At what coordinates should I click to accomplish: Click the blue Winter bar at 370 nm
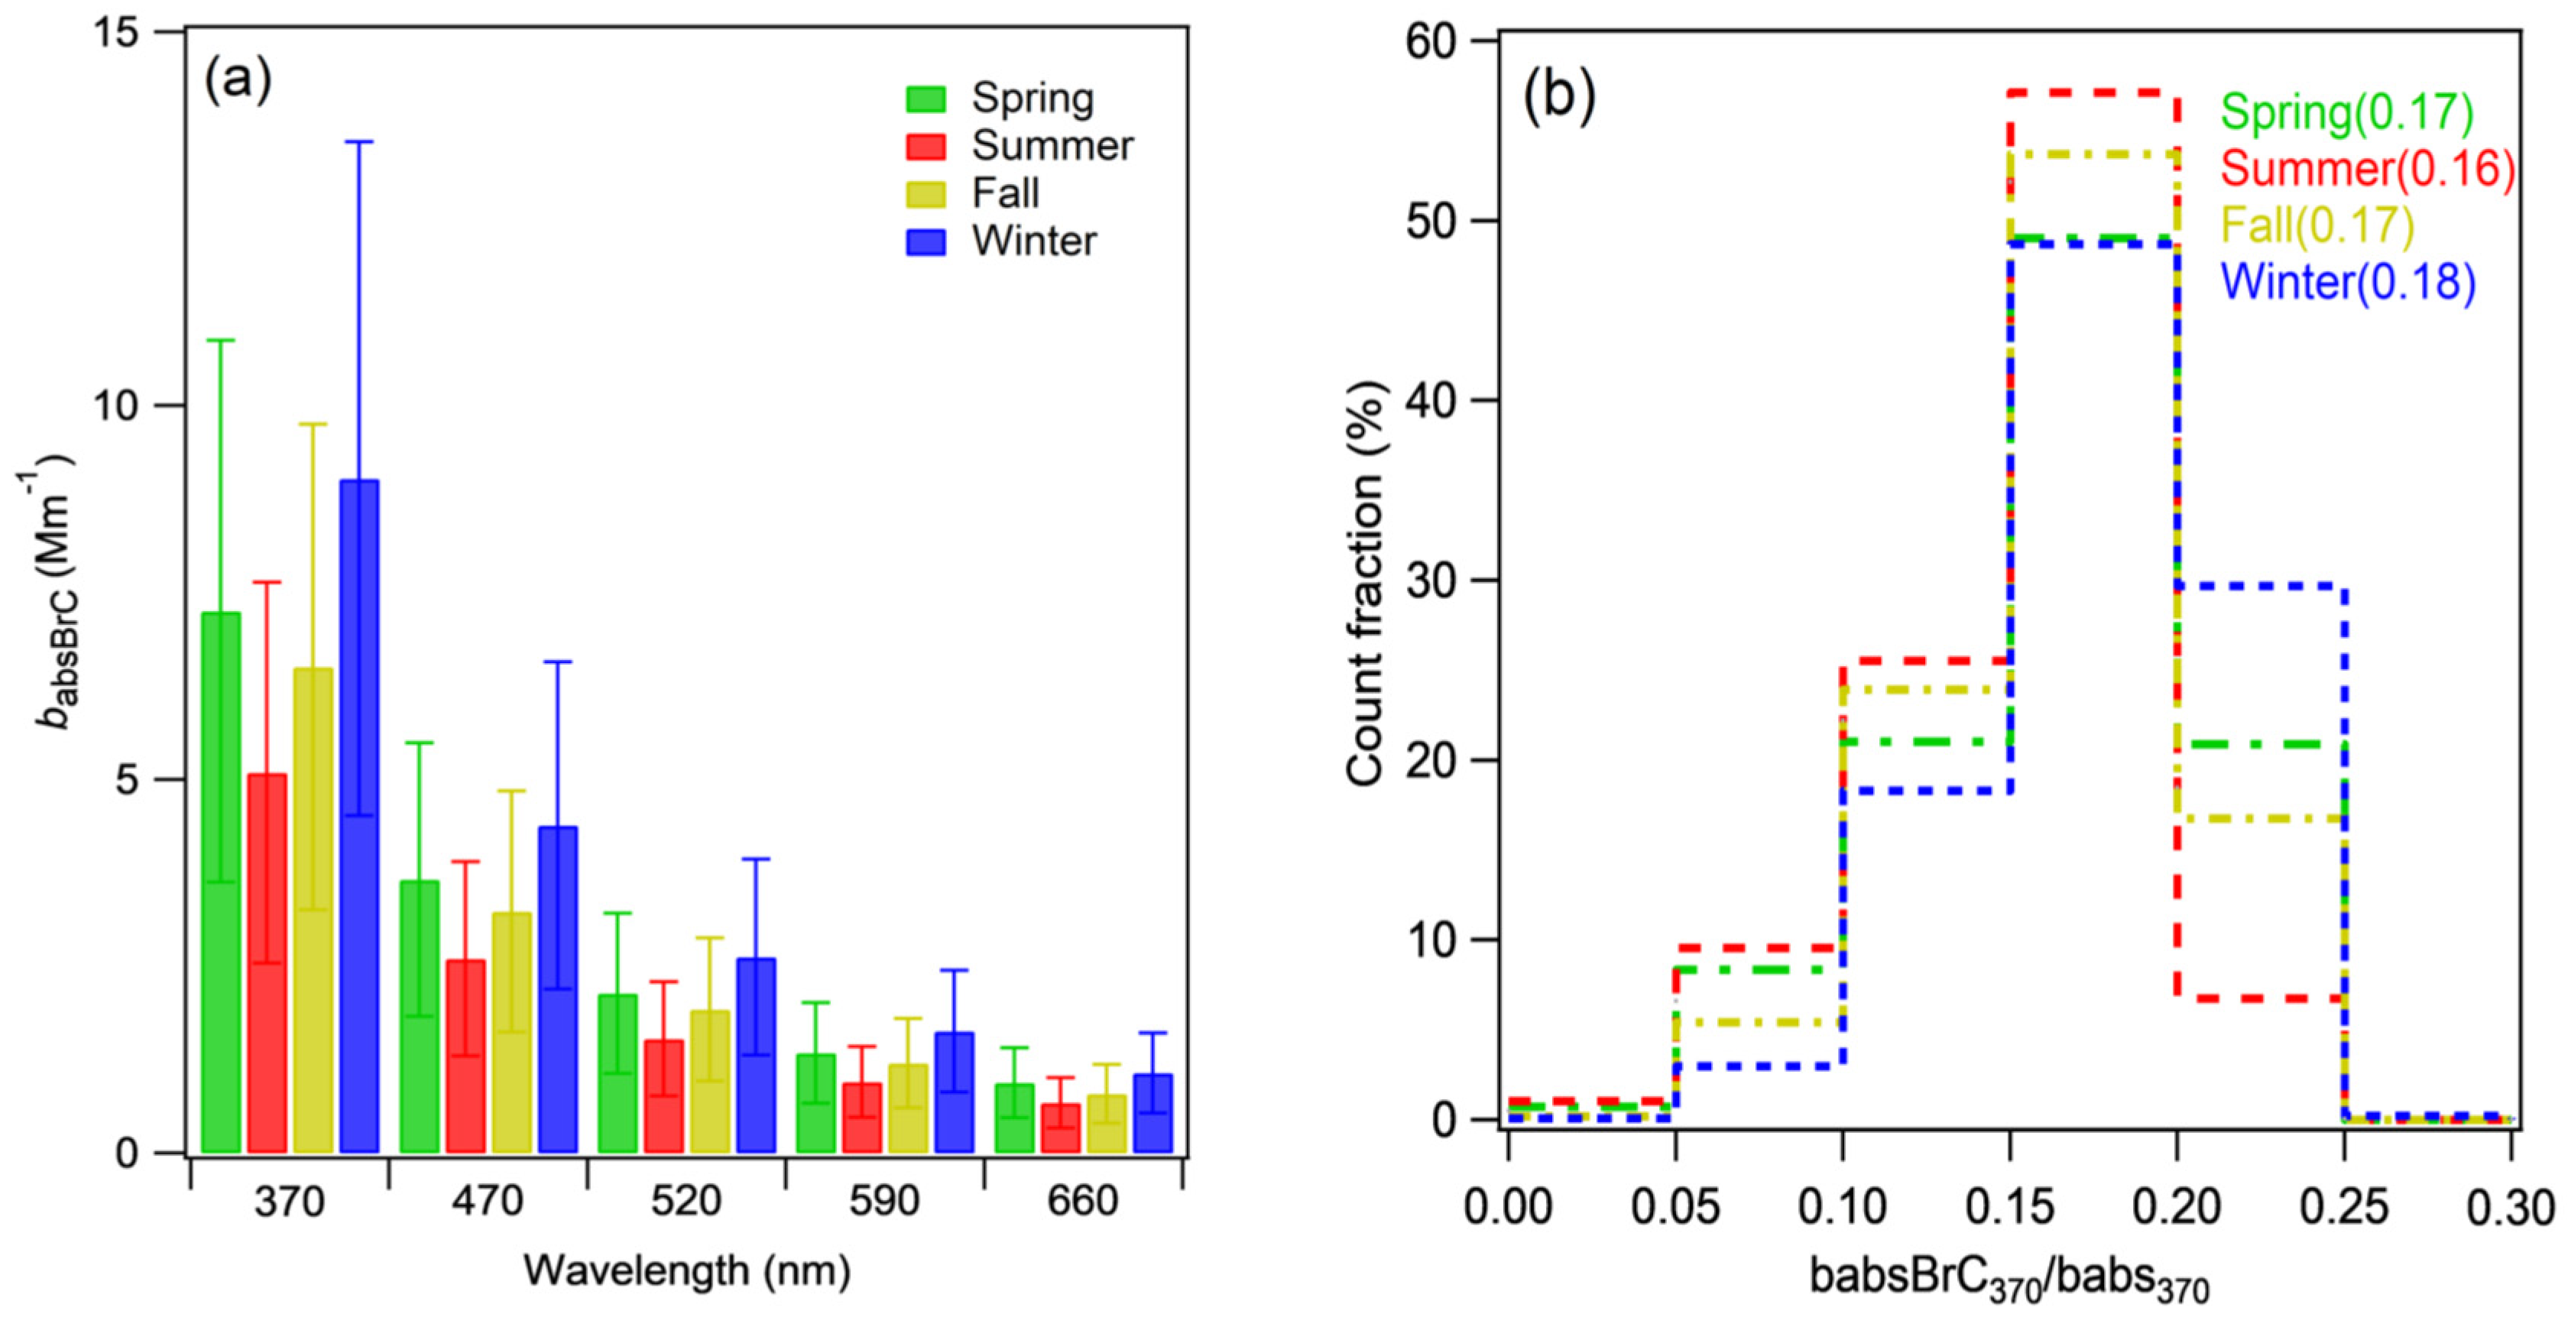[359, 818]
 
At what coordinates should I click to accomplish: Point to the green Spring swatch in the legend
[926, 99]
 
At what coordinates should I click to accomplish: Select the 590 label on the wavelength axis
[884, 1202]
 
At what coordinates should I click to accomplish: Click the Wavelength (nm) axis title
[686, 1271]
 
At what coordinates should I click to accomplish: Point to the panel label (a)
[238, 79]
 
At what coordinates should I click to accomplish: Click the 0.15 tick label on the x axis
[2009, 1207]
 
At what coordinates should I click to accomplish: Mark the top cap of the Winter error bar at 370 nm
[359, 141]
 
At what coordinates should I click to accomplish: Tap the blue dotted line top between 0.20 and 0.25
[2261, 587]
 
